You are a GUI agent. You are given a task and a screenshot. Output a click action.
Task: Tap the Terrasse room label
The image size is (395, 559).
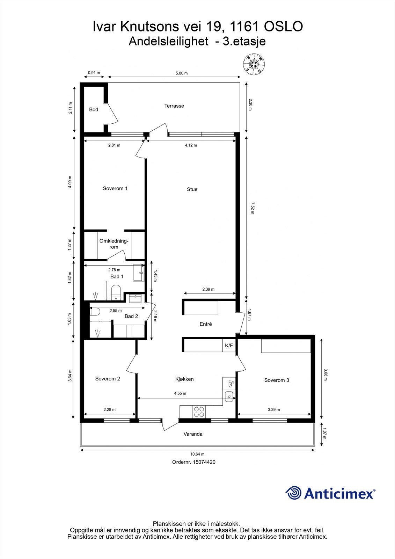[x=174, y=106]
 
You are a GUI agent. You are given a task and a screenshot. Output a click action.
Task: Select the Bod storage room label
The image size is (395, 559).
[x=94, y=109]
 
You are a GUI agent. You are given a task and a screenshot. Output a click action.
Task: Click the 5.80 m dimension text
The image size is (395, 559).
[x=181, y=73]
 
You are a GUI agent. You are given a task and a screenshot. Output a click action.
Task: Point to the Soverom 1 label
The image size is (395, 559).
[x=115, y=188]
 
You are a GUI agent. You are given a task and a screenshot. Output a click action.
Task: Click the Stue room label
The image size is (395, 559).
[x=192, y=189]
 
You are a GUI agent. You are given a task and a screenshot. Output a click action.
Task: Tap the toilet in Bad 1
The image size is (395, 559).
[x=116, y=292]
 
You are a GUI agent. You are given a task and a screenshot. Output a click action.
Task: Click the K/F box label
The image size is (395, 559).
[x=229, y=346]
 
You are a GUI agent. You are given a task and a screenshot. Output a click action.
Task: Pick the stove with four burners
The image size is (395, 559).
[x=199, y=412]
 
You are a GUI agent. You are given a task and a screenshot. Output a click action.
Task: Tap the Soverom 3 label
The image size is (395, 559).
[x=277, y=380]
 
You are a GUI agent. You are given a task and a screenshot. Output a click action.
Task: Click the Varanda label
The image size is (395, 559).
[x=193, y=434]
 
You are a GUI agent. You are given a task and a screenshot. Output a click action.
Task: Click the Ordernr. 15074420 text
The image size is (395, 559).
[x=194, y=462]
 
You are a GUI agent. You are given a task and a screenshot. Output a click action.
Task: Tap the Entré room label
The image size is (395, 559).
[x=206, y=324]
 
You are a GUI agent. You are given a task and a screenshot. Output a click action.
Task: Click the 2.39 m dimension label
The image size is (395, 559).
[x=208, y=289]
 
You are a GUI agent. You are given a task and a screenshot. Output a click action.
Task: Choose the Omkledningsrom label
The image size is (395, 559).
[x=114, y=244]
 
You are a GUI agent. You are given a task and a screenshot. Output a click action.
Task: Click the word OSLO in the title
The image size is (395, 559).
[x=284, y=27]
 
